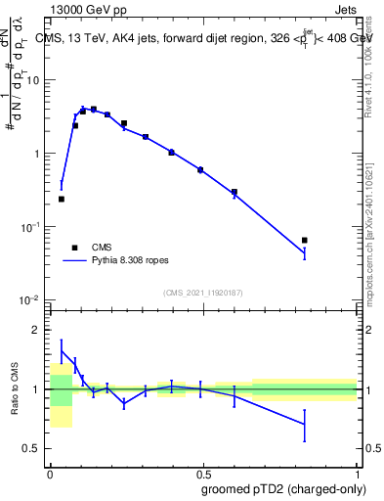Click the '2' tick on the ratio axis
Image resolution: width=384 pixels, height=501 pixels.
point(39,330)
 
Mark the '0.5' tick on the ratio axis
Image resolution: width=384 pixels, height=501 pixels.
point(34,448)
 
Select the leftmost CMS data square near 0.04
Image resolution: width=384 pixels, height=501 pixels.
point(62,199)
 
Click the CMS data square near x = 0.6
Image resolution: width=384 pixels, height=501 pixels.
point(235,192)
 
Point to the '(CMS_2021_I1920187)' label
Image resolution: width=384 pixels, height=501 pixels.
point(202,291)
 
